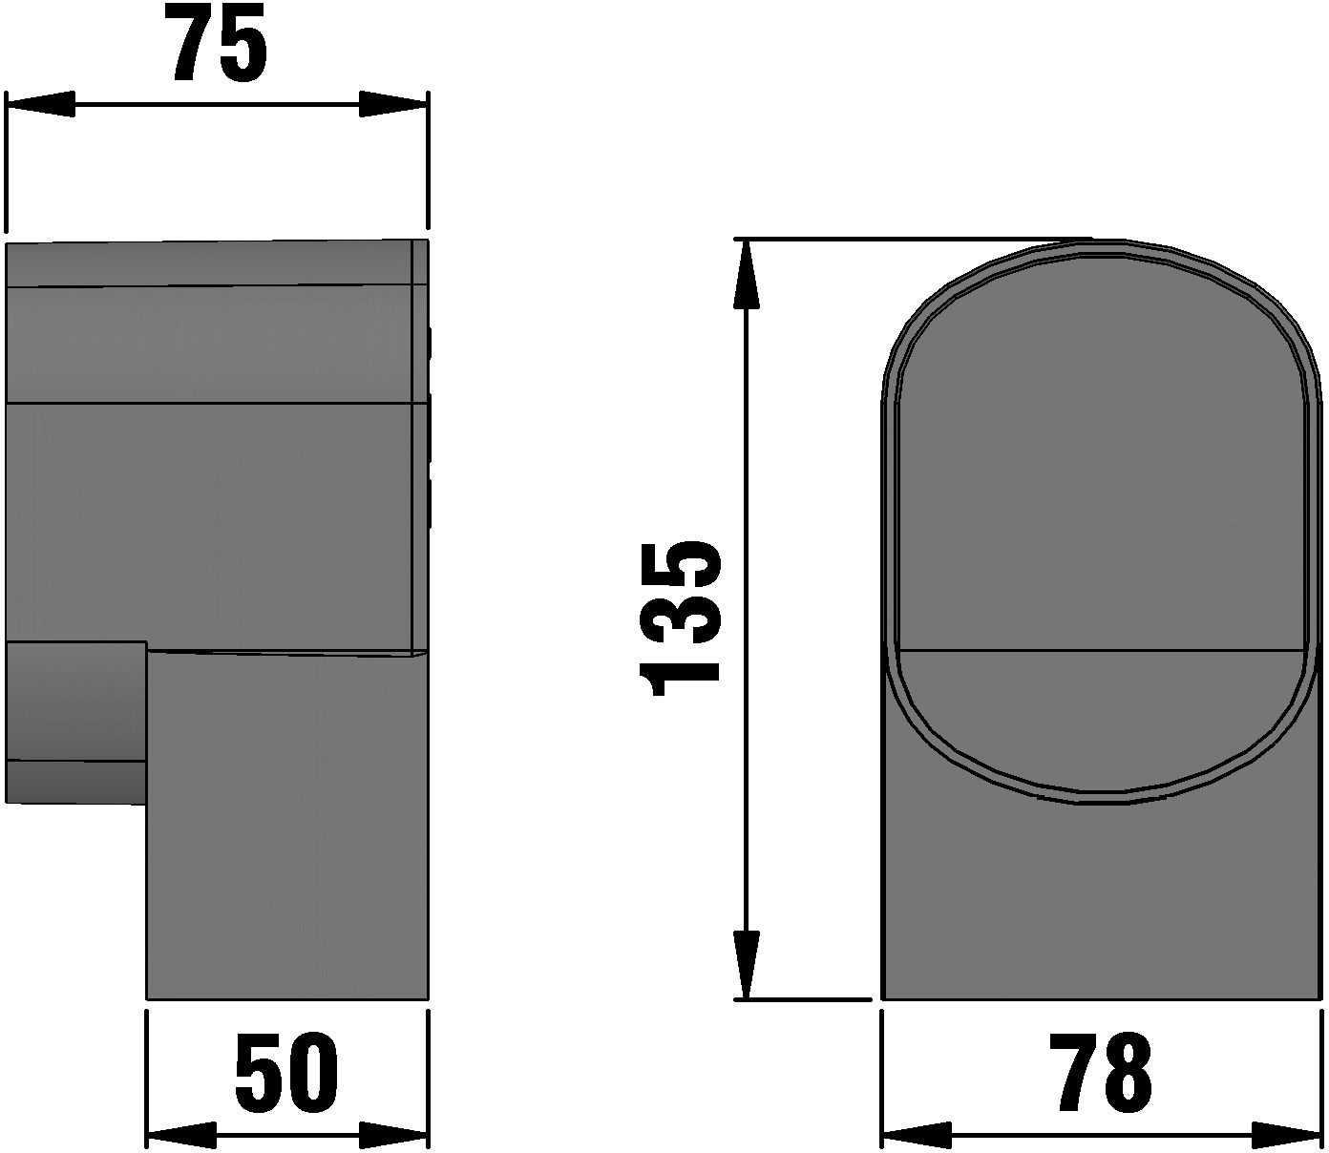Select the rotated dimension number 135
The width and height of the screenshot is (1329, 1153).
680,618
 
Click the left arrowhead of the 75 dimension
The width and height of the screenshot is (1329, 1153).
39,104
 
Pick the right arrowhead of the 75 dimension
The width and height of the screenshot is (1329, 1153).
393,104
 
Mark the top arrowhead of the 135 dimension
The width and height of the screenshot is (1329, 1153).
747,274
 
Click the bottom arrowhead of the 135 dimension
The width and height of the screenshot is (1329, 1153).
747,965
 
